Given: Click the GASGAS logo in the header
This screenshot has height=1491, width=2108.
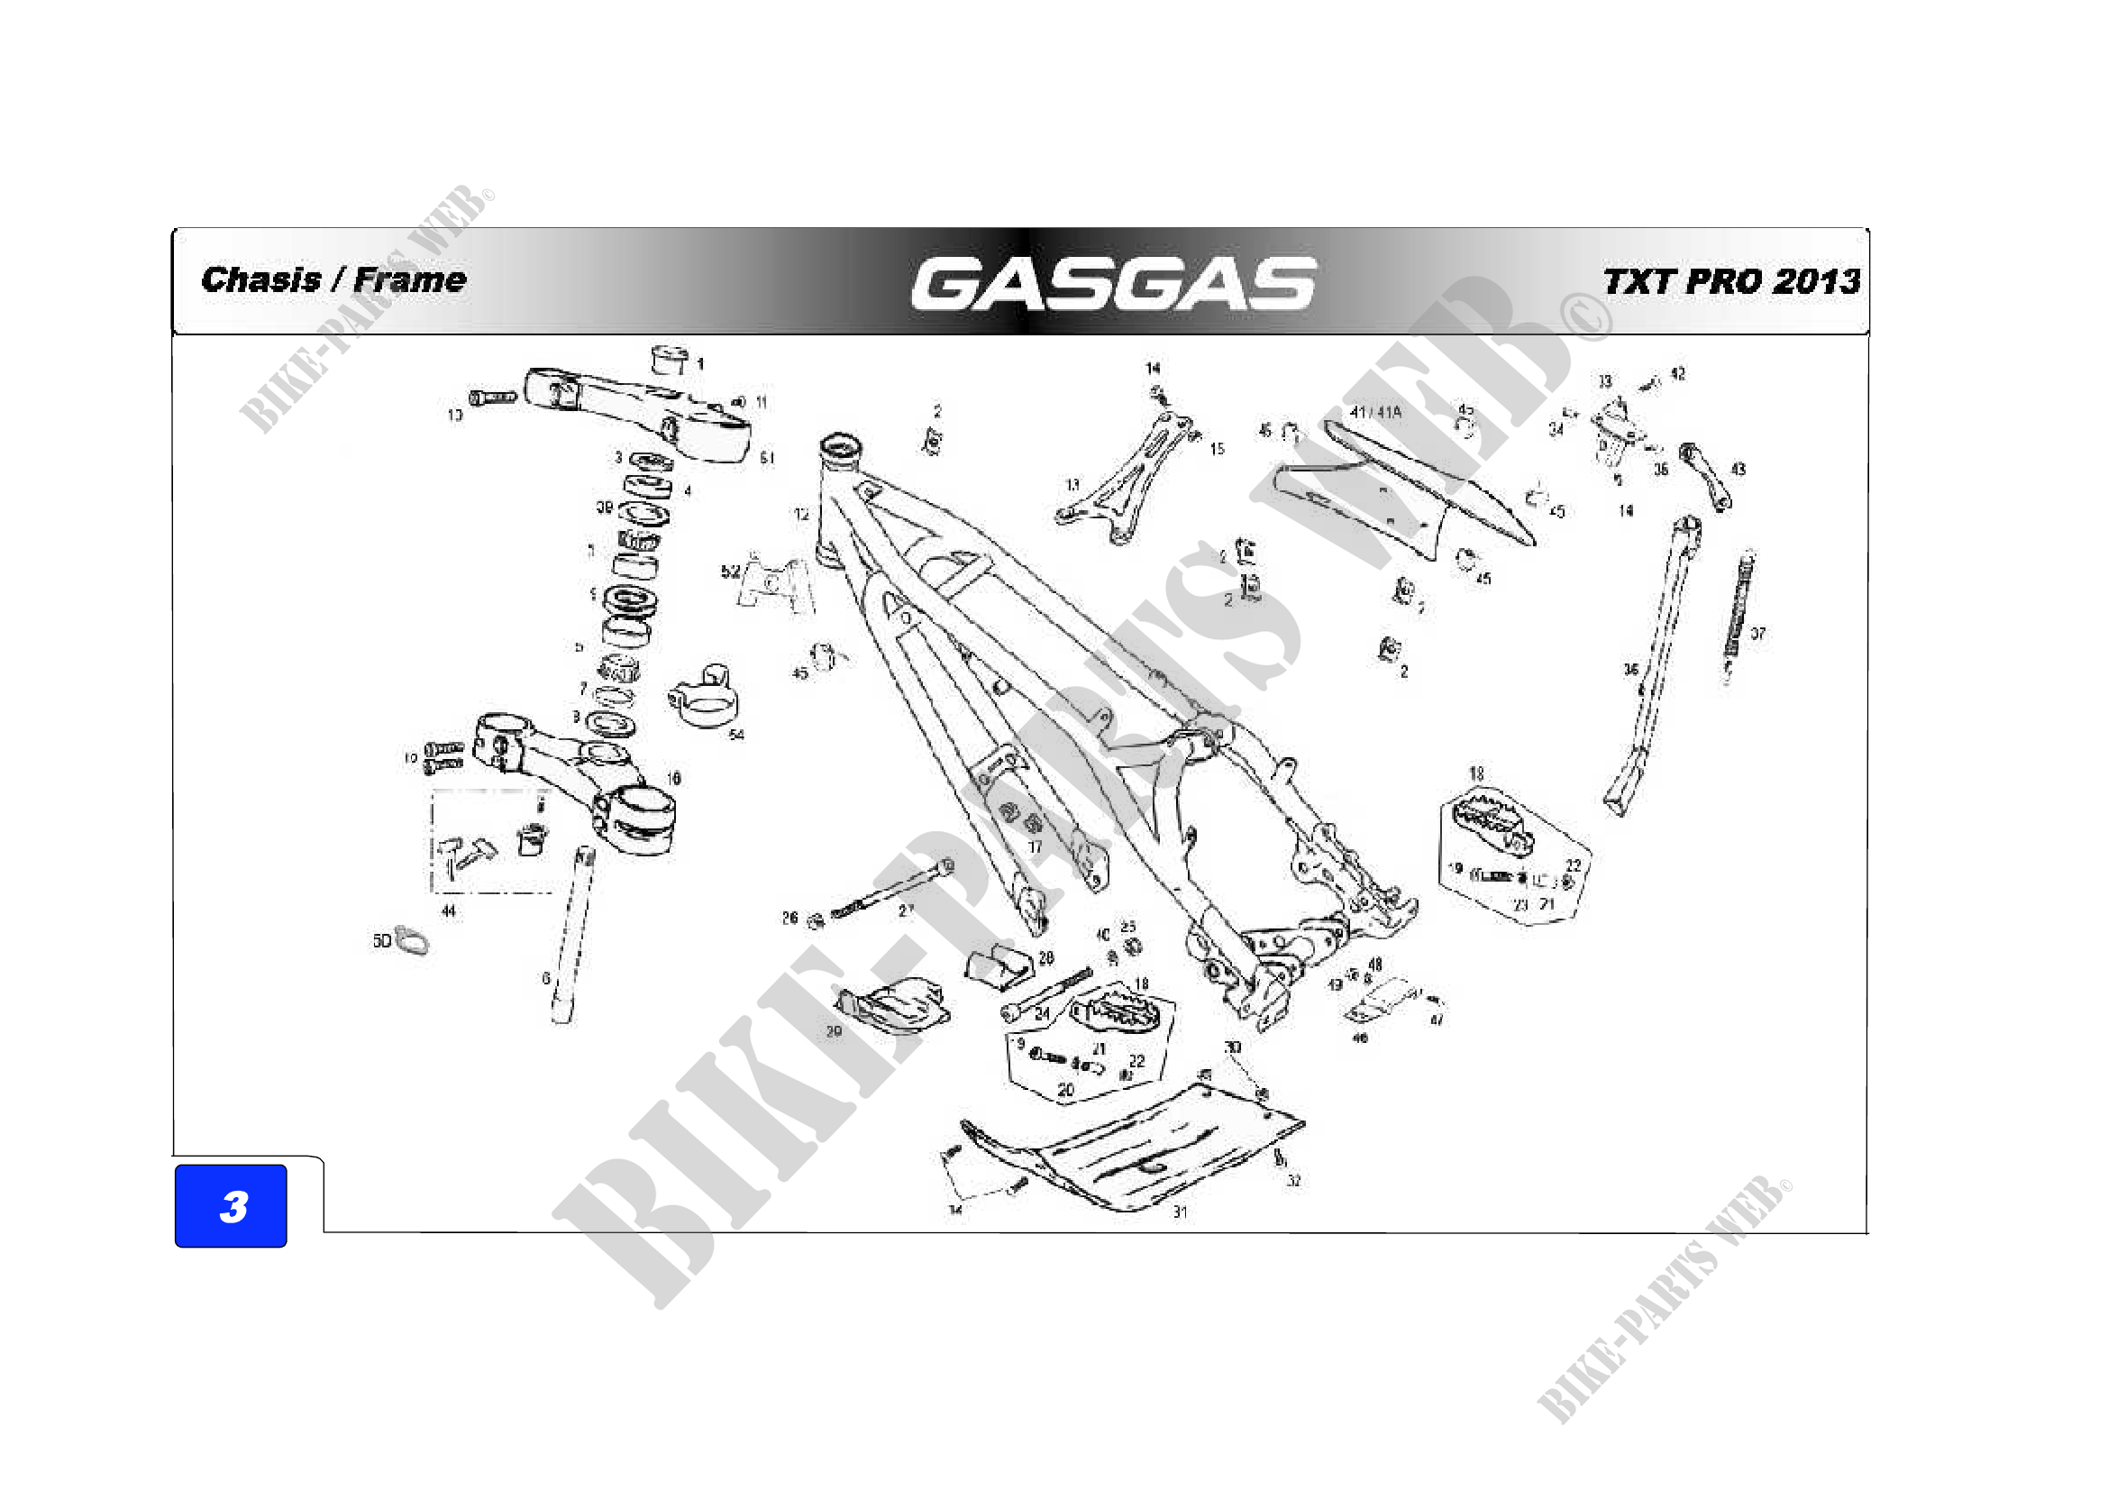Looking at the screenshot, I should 1113,283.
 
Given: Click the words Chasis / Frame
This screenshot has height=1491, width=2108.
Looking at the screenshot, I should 333,279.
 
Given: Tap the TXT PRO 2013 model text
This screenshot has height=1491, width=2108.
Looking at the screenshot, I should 1731,282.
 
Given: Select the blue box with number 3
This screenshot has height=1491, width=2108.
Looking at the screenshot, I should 231,1205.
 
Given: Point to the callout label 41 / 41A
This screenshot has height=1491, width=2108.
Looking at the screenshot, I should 1375,412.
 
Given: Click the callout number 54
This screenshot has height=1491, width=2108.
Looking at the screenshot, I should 736,734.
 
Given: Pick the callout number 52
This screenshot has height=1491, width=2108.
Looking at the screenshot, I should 730,571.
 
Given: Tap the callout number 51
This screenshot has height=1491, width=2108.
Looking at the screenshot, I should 767,457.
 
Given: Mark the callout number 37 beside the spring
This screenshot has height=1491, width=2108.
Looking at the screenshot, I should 1757,634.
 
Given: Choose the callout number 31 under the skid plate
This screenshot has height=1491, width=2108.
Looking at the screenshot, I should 1180,1212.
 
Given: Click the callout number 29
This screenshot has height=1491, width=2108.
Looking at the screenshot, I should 834,1031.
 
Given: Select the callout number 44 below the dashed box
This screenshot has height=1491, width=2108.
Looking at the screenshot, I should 448,910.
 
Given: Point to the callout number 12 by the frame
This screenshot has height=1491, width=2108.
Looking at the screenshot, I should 801,514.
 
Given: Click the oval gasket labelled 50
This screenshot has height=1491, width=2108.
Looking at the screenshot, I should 411,940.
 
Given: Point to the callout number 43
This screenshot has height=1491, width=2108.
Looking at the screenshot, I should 1738,469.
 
